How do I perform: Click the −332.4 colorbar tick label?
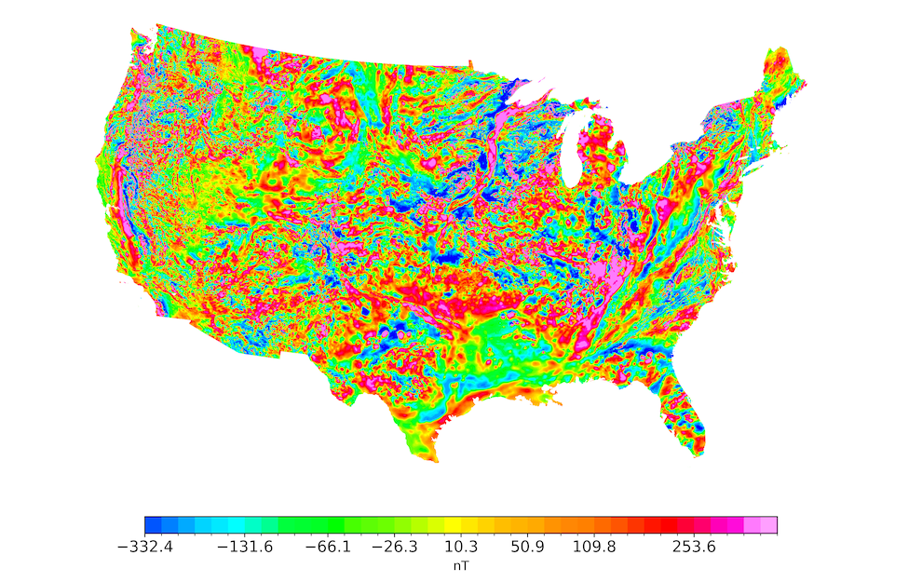coord(145,548)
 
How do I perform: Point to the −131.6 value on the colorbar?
coord(244,548)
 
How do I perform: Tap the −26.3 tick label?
coord(394,548)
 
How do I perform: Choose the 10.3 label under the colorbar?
coord(461,548)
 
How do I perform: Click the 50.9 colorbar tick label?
coord(528,548)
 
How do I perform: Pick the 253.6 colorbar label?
coord(694,548)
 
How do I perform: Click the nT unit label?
coord(461,565)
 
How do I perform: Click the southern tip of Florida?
coord(699,455)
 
